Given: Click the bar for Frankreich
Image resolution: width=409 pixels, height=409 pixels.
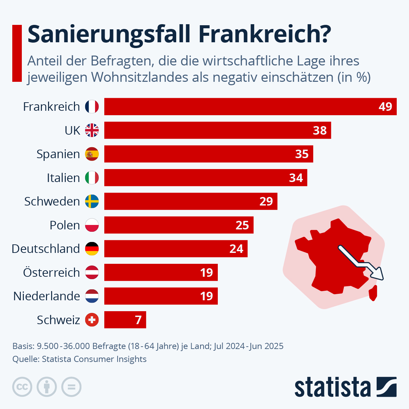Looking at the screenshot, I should [251, 106].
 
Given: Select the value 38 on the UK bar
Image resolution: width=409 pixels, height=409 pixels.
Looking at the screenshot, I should [320, 130].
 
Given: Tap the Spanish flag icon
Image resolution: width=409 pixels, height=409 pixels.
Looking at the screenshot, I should [92, 154].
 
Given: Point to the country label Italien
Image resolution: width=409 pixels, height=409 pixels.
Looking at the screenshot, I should [63, 178].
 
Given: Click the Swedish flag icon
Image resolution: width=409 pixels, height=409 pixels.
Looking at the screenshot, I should [92, 201].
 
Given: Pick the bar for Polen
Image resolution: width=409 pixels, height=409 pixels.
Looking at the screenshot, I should [179, 225].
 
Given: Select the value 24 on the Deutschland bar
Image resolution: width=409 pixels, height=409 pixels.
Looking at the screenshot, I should [236, 249].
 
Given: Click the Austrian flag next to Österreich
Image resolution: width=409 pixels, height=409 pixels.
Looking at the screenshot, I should [92, 272].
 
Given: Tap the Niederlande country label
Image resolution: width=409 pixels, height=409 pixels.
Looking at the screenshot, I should [47, 296].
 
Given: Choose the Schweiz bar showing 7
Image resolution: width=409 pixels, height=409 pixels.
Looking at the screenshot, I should [125, 320].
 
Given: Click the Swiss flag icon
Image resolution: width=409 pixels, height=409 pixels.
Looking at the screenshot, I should [92, 320].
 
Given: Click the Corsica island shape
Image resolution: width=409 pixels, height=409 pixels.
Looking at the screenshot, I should [374, 293].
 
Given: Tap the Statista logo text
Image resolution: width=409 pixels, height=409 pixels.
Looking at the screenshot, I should [332, 387].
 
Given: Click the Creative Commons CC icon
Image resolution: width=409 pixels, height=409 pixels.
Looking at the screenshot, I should [22, 387].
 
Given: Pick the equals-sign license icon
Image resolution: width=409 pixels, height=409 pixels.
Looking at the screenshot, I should [71, 387].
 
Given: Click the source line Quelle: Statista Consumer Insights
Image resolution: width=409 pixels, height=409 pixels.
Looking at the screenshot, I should [79, 359].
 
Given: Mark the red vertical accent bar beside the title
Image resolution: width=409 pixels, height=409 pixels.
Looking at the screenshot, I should [17, 53].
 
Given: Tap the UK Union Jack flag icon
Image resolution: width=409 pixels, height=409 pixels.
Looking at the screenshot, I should [92, 130].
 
